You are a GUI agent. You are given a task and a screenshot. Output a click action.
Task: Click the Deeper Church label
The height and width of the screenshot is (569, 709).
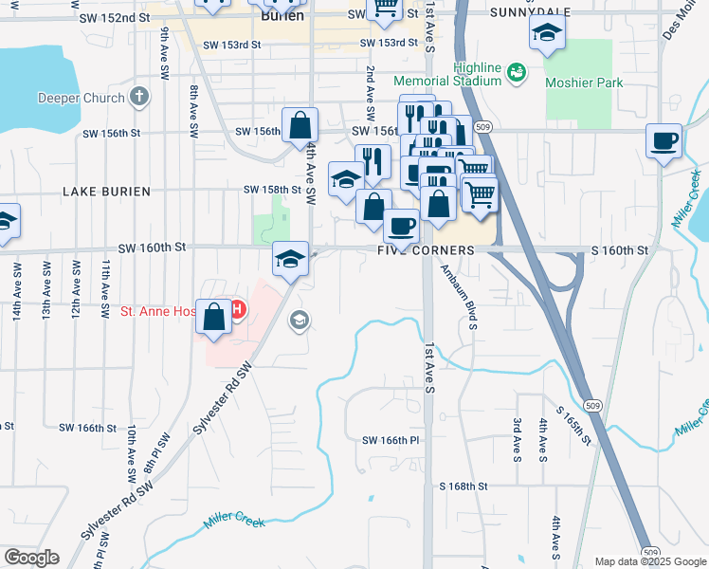coord(81,98)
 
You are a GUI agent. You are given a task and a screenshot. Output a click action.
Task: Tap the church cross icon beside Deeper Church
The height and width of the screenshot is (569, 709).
coord(139,97)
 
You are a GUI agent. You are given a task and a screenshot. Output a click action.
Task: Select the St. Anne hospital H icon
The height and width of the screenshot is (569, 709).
coord(237,309)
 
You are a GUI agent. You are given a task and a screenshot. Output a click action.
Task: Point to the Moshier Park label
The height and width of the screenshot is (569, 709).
coord(584,83)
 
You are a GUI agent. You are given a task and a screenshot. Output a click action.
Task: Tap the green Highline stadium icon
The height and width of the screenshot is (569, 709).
coord(517,70)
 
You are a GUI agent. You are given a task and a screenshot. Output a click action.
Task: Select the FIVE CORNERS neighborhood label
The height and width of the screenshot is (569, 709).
coord(426,249)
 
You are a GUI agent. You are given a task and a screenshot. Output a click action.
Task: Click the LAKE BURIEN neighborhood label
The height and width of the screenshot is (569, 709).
coord(106,192)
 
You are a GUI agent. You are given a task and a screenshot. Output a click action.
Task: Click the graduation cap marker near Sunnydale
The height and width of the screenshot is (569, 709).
coord(547,34)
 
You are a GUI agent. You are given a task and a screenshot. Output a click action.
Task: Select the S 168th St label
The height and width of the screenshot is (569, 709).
coord(463,486)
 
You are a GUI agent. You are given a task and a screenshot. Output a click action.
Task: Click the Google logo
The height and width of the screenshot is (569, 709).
coord(31,558)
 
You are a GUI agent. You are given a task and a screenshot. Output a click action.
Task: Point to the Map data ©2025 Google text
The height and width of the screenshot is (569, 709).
coord(649,561)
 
